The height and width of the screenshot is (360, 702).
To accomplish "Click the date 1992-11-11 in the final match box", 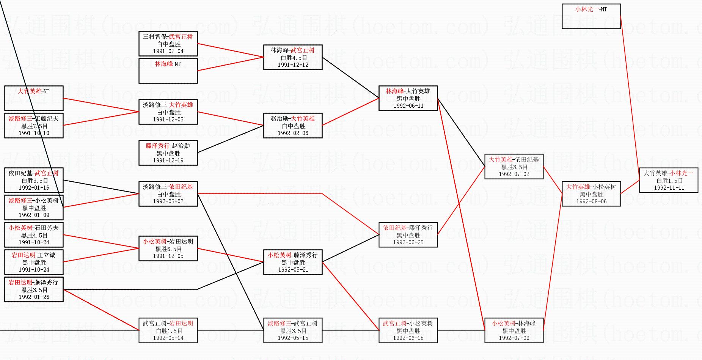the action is coord(669,188).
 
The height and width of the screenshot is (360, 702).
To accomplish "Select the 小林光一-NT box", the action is coord(591,16).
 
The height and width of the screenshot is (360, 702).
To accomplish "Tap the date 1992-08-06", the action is coord(591,201).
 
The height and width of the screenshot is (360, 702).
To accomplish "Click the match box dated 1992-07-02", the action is coord(514,167).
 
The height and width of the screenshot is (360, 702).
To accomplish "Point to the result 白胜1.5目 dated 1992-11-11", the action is coord(669,181).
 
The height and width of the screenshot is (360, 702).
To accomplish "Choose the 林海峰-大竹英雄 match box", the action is coord(408,98).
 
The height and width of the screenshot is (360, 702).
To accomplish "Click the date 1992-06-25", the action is coord(408,242).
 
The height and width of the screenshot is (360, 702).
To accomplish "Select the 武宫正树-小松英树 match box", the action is coord(408,330).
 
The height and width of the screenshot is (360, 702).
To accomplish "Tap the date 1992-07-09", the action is coord(514,338).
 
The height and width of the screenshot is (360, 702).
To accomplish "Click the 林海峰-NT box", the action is coord(168,71).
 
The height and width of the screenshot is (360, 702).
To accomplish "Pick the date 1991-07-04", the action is coord(168,51).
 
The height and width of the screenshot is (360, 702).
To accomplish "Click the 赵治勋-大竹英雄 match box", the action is coord(293,126).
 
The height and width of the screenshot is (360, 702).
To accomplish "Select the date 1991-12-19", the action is coord(168,160).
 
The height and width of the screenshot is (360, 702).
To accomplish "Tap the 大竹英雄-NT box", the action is coord(34,98).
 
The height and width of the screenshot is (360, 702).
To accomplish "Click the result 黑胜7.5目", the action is coord(34,126).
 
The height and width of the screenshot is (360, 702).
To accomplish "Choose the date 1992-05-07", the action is coord(168,201).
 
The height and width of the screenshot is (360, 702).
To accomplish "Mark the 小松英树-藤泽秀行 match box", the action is coord(293,262).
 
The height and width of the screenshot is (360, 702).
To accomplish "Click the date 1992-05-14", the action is coord(168,338).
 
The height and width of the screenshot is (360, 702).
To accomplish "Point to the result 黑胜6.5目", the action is coord(168,249).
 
